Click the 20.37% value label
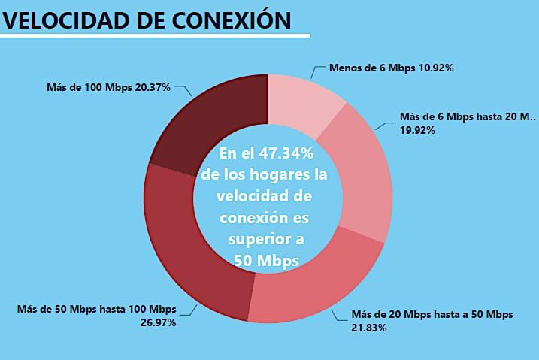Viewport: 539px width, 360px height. (153, 86)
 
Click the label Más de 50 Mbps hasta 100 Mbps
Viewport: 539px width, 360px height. (95, 309)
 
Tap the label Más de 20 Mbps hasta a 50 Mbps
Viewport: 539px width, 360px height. (432, 314)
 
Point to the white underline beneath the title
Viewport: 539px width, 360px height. (154, 35)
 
